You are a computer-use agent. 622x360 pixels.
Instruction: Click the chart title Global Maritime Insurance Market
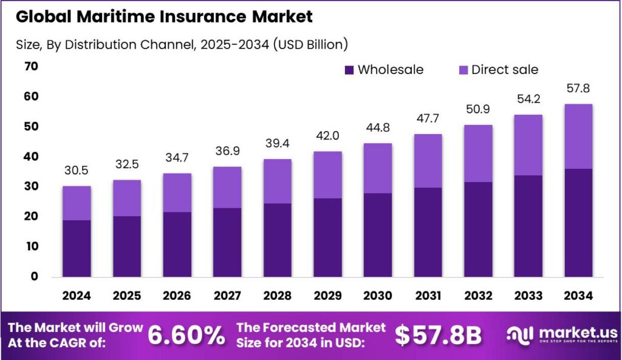tap(164, 17)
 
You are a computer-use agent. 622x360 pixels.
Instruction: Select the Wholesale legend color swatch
tap(349, 70)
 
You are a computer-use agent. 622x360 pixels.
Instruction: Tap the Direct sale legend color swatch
tap(462, 70)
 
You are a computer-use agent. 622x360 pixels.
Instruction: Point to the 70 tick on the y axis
tap(31, 66)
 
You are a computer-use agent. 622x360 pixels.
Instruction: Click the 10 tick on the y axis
tap(31, 246)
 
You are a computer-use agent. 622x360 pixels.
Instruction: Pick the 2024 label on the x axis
tap(77, 296)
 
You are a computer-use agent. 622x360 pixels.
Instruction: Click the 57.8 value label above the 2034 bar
tap(578, 89)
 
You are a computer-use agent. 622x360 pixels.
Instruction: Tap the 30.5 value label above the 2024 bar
tap(77, 171)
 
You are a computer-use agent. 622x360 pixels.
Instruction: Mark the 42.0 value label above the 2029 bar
tap(327, 137)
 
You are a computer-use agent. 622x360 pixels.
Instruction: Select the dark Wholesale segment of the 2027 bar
tap(227, 242)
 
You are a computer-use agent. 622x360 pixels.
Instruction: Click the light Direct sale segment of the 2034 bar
tap(578, 137)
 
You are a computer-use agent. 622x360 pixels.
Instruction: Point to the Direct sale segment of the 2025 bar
tap(126, 198)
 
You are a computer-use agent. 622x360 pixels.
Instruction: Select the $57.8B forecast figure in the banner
tap(438, 335)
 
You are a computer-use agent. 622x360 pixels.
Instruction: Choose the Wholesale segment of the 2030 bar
tap(377, 234)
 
